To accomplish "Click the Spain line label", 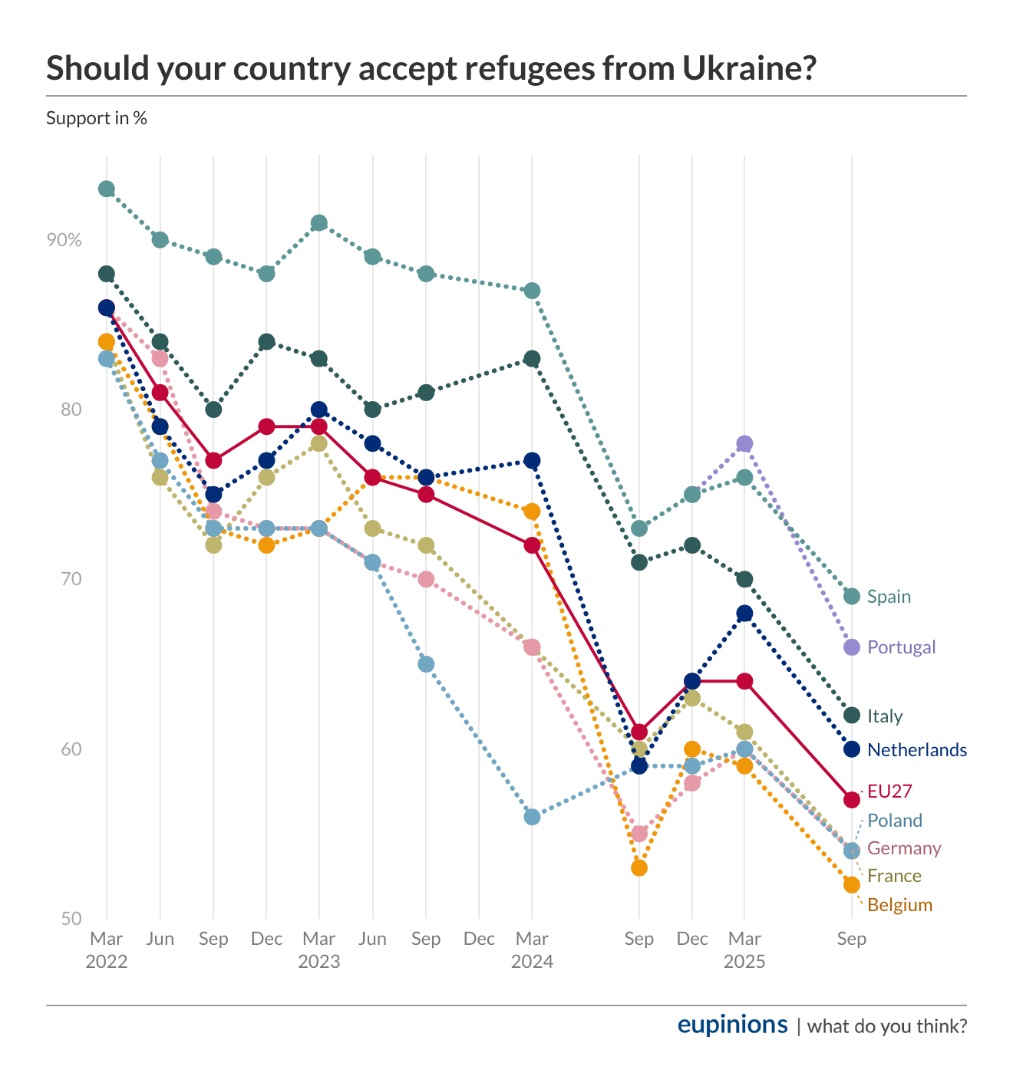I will [889, 597].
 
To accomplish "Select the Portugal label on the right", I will [901, 647].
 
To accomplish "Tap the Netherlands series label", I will [916, 750].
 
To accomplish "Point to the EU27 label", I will [889, 791].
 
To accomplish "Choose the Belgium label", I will [899, 905].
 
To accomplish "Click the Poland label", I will [894, 821].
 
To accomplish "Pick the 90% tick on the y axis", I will [64, 240].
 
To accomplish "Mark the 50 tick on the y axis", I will [71, 919].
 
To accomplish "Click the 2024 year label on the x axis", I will [532, 962].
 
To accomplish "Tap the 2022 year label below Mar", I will [106, 962].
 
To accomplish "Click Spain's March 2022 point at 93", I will [107, 189].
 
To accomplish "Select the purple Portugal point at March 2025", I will [744, 443].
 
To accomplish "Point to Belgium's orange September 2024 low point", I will [639, 867].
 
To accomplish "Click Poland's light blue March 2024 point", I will [532, 817].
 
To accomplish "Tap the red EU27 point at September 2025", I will [851, 800].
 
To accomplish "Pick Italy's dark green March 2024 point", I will [532, 358].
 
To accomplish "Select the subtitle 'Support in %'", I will [97, 118].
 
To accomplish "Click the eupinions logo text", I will [732, 1025].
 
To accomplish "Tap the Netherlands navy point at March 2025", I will [744, 613].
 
